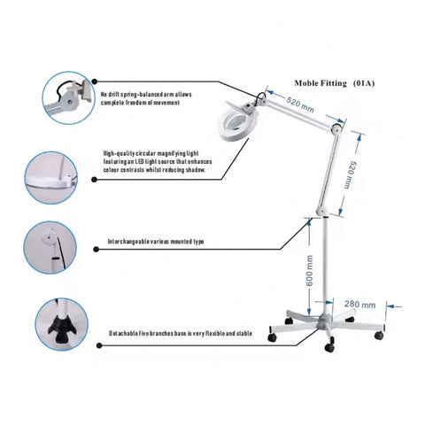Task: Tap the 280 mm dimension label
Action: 360,304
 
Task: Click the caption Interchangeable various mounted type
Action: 157,241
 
